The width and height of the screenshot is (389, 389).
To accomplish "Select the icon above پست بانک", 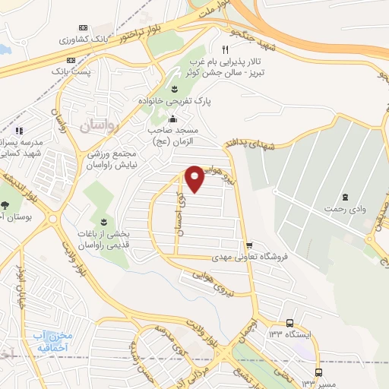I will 74,59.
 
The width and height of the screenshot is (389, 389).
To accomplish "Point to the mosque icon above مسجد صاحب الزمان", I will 172,119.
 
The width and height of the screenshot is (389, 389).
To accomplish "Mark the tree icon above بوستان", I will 7,205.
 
